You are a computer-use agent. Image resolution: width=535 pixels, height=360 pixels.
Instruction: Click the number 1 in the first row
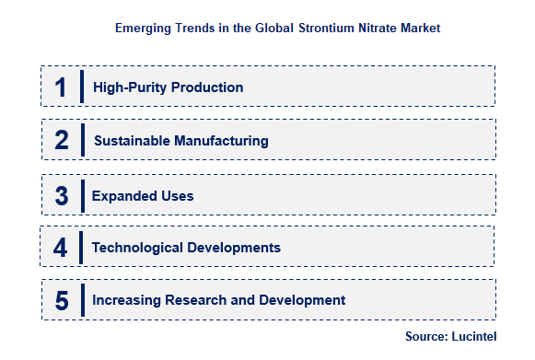point(61,87)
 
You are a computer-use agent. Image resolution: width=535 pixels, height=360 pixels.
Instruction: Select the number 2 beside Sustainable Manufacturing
point(62,141)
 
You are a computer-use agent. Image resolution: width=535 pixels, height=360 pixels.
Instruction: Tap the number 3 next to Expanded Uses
point(61,195)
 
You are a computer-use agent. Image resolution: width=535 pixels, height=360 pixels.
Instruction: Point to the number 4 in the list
point(61,248)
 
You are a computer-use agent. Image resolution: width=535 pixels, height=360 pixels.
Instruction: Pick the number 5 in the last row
point(61,300)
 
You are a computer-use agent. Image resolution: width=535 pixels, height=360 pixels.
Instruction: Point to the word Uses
point(175,195)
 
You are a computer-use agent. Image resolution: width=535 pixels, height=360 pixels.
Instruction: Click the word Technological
point(136,248)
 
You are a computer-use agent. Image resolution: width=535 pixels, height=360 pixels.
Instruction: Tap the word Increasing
point(125,300)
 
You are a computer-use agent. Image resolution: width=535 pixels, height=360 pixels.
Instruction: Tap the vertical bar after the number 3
point(83,195)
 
